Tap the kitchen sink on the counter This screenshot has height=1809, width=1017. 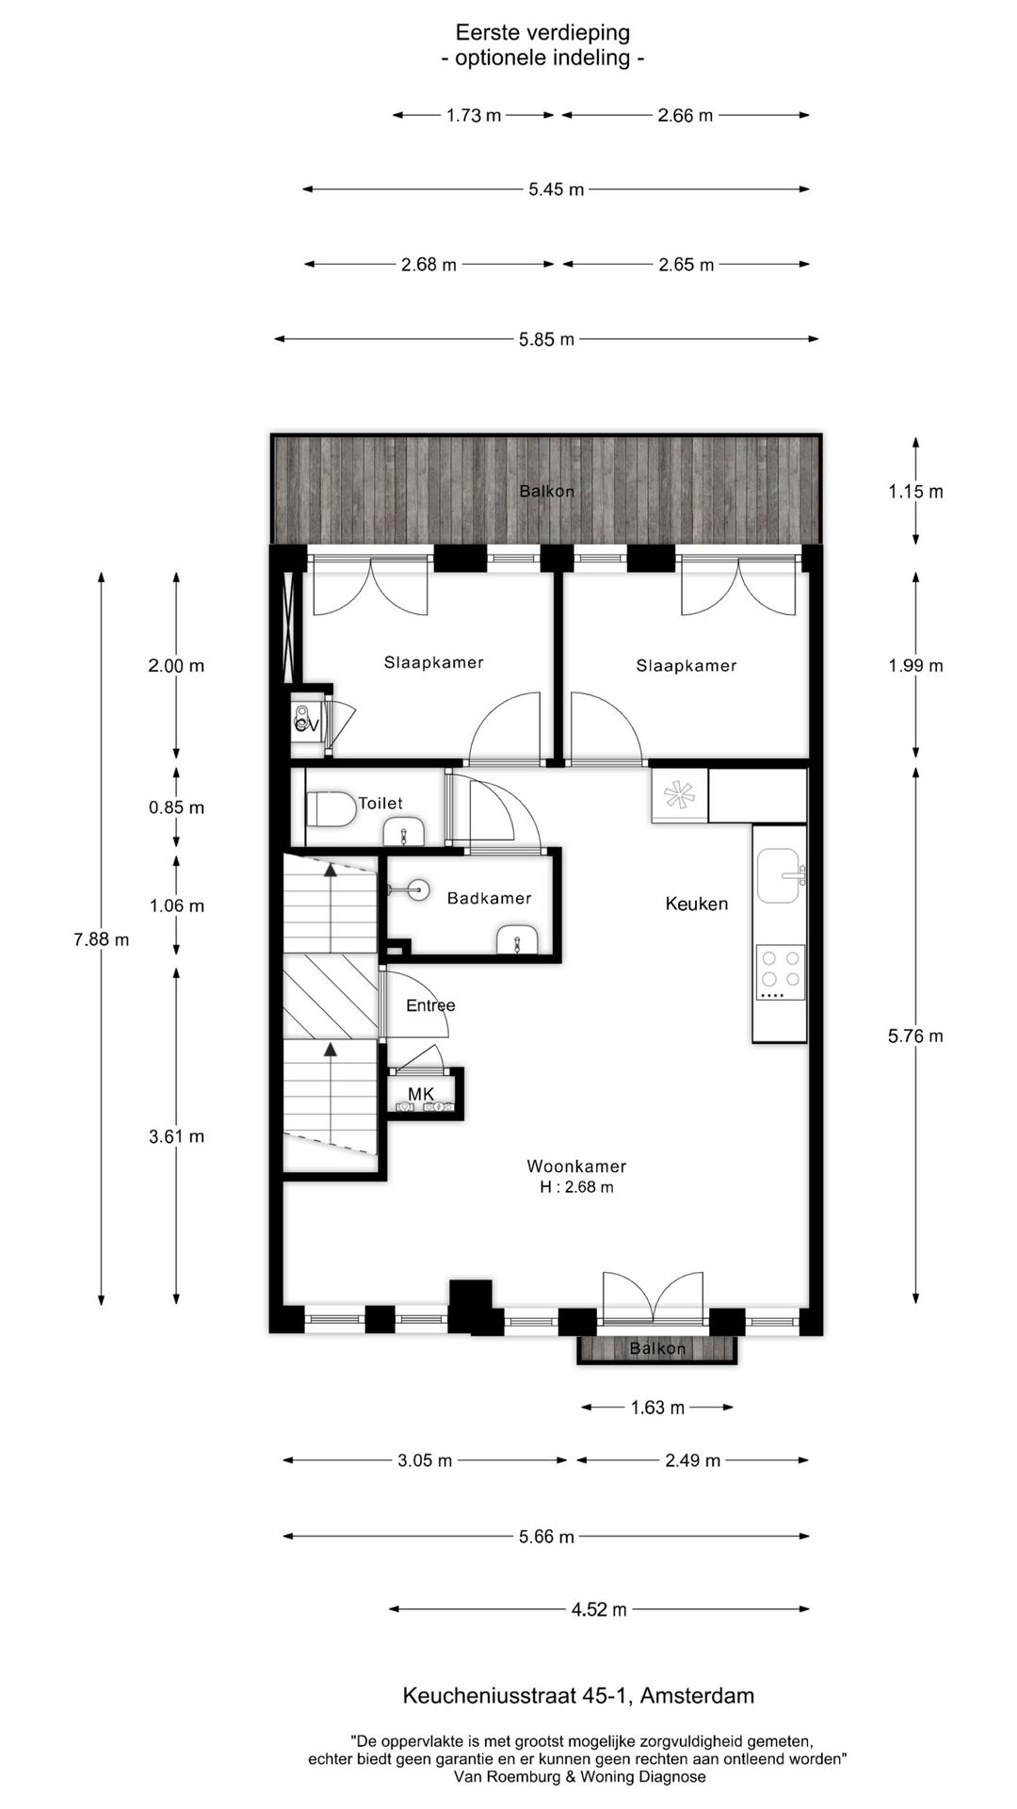[780, 875]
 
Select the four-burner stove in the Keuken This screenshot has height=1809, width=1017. [781, 972]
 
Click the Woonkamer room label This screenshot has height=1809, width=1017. [576, 1166]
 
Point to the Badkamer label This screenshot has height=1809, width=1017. [489, 898]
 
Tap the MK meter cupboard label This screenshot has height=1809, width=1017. [421, 1094]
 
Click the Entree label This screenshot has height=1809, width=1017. [430, 1005]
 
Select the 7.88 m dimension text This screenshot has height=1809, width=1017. [101, 938]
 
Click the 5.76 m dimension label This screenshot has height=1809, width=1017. [915, 1035]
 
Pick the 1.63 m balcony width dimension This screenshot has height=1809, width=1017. [657, 1407]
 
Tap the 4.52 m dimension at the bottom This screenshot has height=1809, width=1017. [599, 1609]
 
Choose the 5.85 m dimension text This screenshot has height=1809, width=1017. [546, 339]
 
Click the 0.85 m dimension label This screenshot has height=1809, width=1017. [176, 807]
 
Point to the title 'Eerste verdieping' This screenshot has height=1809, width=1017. [542, 33]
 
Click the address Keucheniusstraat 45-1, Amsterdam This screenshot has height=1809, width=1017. [578, 1696]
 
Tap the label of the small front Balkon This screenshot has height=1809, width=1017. [657, 1348]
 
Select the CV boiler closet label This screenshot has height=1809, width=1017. [306, 725]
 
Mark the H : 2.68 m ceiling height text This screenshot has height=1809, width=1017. [576, 1187]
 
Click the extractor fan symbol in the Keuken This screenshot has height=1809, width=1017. [678, 795]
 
